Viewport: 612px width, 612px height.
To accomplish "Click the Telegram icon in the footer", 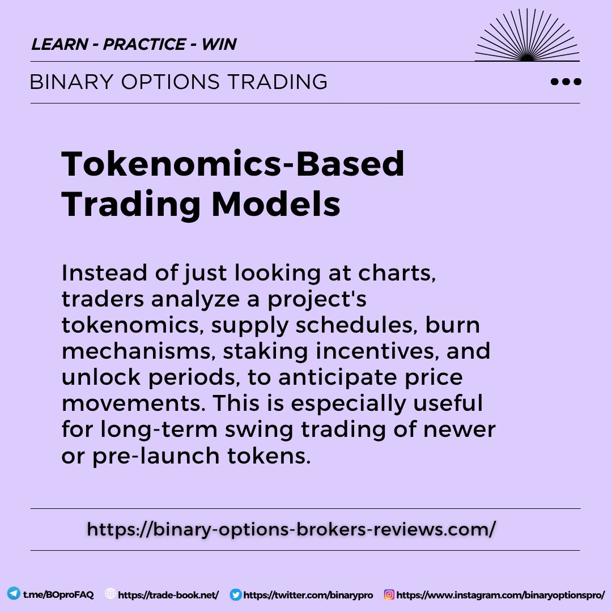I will click(x=13, y=594).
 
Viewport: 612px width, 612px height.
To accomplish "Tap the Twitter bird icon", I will click(x=236, y=594).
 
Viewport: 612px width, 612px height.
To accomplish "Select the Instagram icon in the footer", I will click(x=389, y=594).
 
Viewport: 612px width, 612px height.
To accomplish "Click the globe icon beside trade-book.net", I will click(x=110, y=594).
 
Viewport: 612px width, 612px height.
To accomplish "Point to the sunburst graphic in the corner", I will click(x=527, y=37).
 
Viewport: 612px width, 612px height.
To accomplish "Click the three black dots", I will click(x=566, y=82).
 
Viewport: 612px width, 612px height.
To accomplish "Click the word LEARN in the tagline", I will click(x=59, y=44).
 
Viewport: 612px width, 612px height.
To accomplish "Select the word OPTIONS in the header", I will click(x=169, y=82).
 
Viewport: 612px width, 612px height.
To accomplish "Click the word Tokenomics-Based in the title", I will click(x=233, y=164).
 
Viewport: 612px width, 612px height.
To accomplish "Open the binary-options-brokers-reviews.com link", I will click(x=292, y=529).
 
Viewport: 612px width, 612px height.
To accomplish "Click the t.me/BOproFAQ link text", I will click(x=58, y=594).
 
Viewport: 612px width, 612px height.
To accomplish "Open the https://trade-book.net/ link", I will click(x=169, y=595).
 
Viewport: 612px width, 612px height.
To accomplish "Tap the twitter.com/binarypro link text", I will click(x=308, y=595).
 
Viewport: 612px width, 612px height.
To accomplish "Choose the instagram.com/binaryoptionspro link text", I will click(x=501, y=595).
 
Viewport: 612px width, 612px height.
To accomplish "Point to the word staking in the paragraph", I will click(x=265, y=352).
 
